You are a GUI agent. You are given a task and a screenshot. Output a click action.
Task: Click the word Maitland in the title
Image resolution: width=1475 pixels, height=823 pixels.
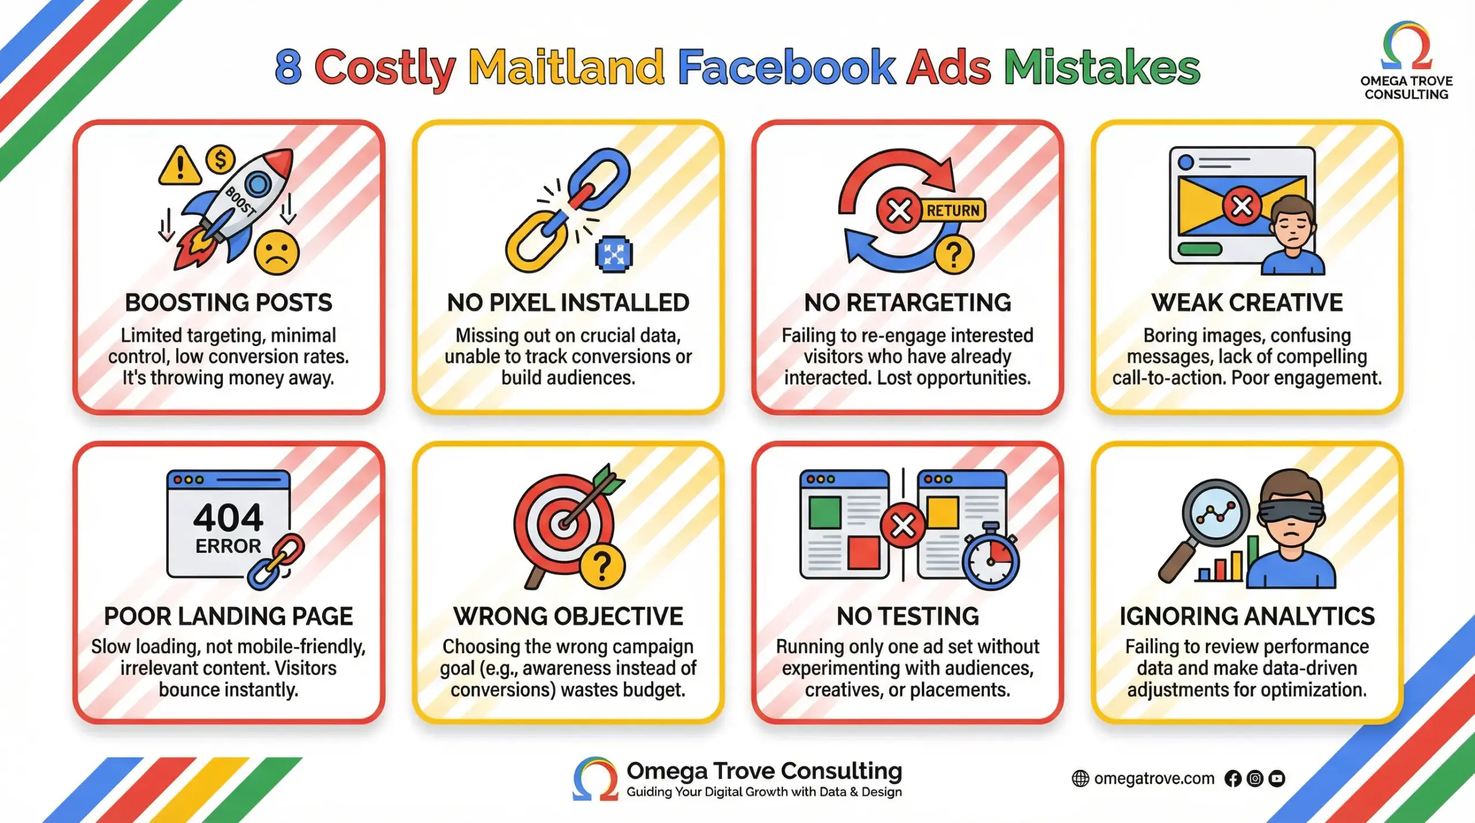click(566, 67)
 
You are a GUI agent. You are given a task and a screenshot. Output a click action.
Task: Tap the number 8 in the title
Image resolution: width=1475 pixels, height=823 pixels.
click(289, 67)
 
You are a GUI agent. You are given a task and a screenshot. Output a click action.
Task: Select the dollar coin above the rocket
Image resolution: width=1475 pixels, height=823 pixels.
click(220, 160)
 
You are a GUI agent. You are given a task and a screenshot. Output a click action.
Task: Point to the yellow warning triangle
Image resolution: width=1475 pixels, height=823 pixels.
click(180, 166)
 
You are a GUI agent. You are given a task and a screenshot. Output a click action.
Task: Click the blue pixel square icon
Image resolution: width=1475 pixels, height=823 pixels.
click(614, 253)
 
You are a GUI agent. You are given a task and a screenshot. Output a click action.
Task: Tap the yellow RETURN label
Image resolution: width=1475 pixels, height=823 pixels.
click(953, 211)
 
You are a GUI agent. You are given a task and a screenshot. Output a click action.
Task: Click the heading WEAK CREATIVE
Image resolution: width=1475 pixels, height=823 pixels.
click(1247, 303)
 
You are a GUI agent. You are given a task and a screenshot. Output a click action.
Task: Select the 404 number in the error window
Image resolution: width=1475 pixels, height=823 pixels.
click(228, 517)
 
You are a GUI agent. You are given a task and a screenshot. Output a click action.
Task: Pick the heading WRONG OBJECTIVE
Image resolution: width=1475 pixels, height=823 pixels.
click(568, 616)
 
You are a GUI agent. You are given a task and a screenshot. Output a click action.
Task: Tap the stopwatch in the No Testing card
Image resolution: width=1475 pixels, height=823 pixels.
click(990, 559)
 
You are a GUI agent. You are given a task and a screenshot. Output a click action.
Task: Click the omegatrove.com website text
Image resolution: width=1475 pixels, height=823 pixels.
click(1153, 779)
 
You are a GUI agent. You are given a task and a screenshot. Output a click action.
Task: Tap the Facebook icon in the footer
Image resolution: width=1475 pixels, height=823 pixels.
click(1233, 779)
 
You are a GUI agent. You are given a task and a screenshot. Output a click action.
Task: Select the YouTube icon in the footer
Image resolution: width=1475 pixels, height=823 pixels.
click(1277, 779)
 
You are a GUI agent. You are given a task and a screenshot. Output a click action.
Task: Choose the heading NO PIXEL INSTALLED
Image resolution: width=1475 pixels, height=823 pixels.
click(568, 303)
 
